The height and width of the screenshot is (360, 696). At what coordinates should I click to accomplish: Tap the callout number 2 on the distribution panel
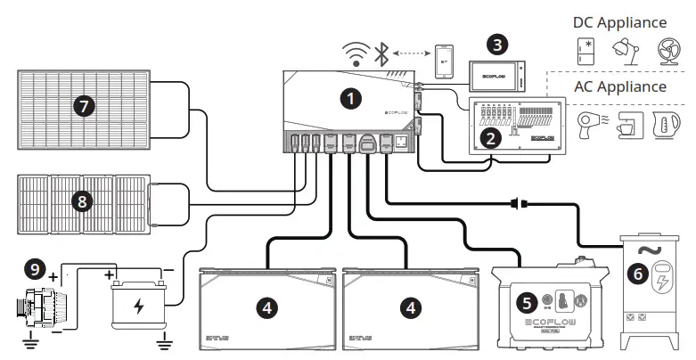488,138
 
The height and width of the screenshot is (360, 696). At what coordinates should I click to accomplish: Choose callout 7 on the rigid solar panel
84,106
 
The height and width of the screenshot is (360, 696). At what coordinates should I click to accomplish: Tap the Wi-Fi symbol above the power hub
358,56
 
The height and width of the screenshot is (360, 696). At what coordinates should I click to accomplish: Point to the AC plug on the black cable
516,203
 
